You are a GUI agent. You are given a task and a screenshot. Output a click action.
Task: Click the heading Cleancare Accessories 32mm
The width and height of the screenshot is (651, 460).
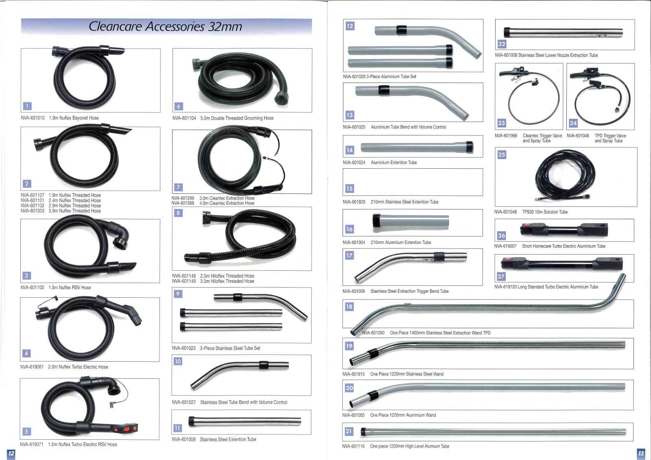click(x=165, y=27)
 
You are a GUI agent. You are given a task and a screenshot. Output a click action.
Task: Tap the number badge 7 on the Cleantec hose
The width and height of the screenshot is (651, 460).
click(x=178, y=187)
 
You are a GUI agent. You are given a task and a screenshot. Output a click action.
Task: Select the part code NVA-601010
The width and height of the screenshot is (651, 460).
click(x=33, y=118)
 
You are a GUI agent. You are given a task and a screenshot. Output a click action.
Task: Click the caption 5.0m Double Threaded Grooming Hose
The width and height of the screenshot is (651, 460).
click(x=237, y=118)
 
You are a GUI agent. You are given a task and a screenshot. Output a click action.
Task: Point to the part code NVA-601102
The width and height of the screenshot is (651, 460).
click(x=33, y=206)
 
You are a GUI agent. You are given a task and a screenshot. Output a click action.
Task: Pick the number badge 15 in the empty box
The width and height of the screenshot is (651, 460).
click(x=350, y=189)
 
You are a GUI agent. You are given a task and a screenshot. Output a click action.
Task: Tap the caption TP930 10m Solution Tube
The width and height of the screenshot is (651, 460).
click(x=545, y=212)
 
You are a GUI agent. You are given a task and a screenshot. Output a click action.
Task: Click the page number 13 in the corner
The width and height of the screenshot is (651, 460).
click(x=641, y=453)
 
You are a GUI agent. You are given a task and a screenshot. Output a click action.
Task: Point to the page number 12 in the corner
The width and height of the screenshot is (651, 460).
click(x=11, y=453)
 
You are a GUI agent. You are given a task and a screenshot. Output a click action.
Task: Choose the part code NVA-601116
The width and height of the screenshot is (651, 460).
click(x=353, y=447)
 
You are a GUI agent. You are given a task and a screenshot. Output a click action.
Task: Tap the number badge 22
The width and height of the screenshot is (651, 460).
click(x=502, y=44)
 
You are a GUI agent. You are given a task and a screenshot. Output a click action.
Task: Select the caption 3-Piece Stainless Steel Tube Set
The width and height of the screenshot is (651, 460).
click(x=230, y=349)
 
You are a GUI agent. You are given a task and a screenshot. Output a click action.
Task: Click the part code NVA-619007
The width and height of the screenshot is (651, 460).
click(x=505, y=246)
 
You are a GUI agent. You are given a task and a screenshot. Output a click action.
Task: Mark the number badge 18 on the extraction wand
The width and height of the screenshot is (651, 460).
click(x=349, y=307)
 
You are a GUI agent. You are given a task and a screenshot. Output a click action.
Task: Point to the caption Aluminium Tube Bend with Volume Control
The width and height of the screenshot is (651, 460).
click(x=408, y=127)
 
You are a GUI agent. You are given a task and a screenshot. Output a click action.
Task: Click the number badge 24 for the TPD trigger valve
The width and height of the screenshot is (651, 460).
click(x=573, y=123)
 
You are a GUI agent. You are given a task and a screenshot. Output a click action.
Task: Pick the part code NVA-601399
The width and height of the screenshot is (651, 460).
click(x=183, y=203)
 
